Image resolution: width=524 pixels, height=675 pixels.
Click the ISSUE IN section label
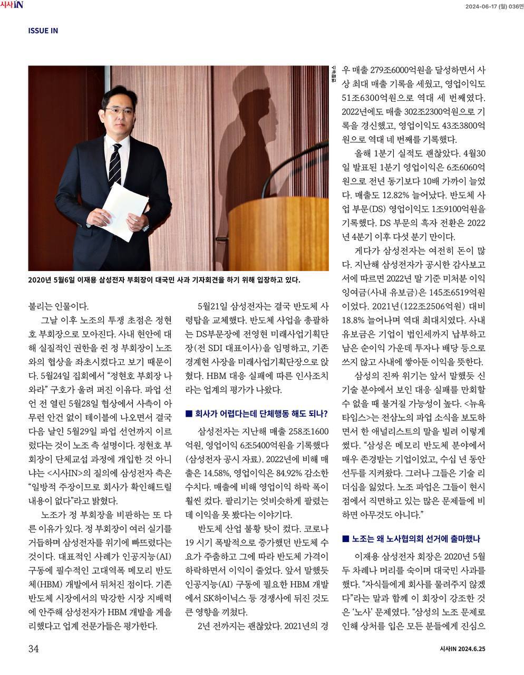point(43,31)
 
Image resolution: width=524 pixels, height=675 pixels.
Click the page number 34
point(33,649)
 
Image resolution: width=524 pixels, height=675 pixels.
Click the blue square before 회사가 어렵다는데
point(188,413)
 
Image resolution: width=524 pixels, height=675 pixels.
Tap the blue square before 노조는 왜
point(345,538)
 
